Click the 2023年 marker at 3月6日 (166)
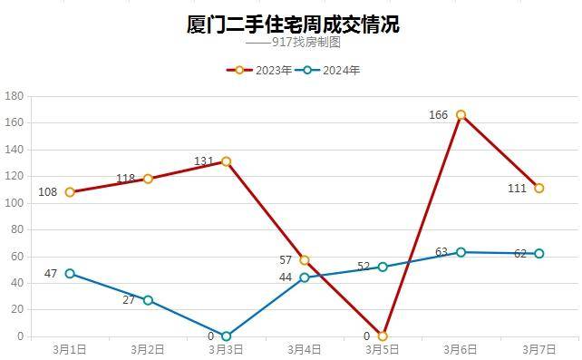coord(461,115)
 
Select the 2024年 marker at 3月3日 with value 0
coord(226,336)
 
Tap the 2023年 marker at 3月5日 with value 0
coord(383,336)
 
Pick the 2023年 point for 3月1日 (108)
coord(70,192)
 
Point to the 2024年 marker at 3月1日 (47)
coord(70,274)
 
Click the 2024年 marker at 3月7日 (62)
coord(538,254)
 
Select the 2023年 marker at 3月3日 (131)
coord(226,161)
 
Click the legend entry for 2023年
coord(264,70)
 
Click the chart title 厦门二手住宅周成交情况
coord(292,24)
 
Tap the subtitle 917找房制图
coord(306,43)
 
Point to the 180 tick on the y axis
coord(14,96)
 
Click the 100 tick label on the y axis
coord(14,203)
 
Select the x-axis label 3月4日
coord(304,348)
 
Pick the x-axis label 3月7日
coord(538,348)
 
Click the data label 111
coord(517,189)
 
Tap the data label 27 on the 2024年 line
coord(128,300)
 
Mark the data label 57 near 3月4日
coord(286,260)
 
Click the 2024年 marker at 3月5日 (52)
coord(383,267)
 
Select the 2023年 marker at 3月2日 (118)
coord(148,179)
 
